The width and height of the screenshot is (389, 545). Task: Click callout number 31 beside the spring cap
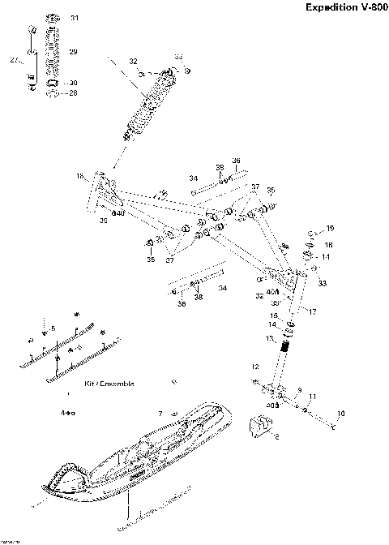[x=75, y=18]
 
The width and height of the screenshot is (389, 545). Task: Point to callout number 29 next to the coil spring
[x=73, y=51]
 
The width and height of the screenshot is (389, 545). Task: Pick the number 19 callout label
[x=330, y=228]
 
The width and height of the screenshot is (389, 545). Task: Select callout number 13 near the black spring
[x=271, y=337]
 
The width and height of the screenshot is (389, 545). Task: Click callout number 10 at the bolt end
[x=340, y=414]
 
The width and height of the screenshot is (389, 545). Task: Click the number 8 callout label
[x=278, y=436]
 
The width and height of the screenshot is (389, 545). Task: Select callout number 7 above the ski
[x=161, y=414]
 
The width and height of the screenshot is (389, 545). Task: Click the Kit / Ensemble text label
[x=109, y=383]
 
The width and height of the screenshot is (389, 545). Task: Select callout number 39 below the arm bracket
[x=104, y=221]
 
